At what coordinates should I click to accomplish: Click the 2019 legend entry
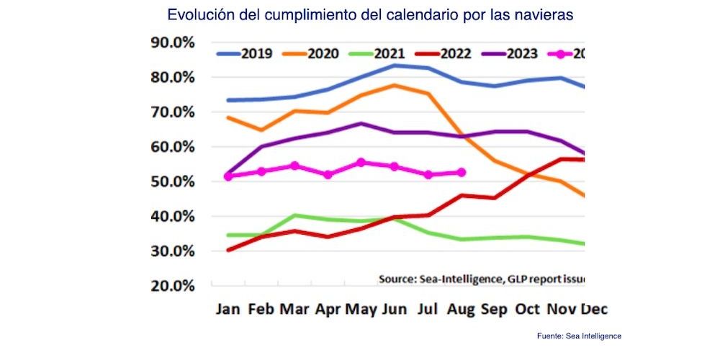(x=245, y=54)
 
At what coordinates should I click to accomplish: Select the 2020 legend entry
(x=321, y=54)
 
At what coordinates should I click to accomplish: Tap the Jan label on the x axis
(x=229, y=310)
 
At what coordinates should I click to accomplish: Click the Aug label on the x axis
(x=461, y=310)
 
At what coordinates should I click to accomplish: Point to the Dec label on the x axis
(x=594, y=310)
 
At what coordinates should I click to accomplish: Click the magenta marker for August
(x=462, y=172)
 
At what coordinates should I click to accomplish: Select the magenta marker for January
(x=228, y=176)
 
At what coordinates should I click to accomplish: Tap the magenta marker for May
(x=361, y=163)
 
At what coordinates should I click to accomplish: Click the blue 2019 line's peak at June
(x=395, y=66)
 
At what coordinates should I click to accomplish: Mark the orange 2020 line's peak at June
(x=395, y=85)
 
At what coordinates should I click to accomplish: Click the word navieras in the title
(x=544, y=14)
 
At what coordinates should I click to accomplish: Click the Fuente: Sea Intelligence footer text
(x=579, y=336)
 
